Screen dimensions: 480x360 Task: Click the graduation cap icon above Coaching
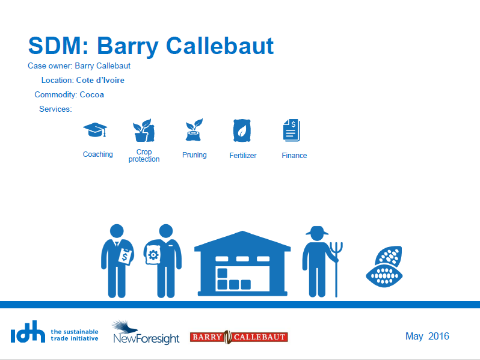[x=95, y=130]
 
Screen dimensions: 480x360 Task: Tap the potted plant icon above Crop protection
[x=144, y=130]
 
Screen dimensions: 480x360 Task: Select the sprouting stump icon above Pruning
[x=194, y=130]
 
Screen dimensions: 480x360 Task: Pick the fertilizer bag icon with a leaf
[x=242, y=130]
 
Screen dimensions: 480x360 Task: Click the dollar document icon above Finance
[x=292, y=130]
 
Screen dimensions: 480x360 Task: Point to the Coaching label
[x=98, y=154]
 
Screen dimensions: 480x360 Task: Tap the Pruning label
[x=194, y=155]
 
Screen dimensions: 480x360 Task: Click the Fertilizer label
[x=243, y=156]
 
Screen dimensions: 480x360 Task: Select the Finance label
[x=294, y=156]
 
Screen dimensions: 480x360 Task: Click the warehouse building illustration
[x=242, y=264]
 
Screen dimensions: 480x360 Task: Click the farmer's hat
[x=317, y=231]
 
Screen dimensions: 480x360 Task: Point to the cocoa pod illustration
[x=384, y=266]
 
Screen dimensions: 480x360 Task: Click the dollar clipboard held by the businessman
[x=125, y=256]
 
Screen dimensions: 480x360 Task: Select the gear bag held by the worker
[x=153, y=255]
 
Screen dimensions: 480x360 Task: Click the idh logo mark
[x=28, y=332]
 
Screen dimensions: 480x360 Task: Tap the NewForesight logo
[x=146, y=333]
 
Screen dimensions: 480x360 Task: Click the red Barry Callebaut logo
[x=239, y=337]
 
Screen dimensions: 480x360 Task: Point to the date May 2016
[x=427, y=336]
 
